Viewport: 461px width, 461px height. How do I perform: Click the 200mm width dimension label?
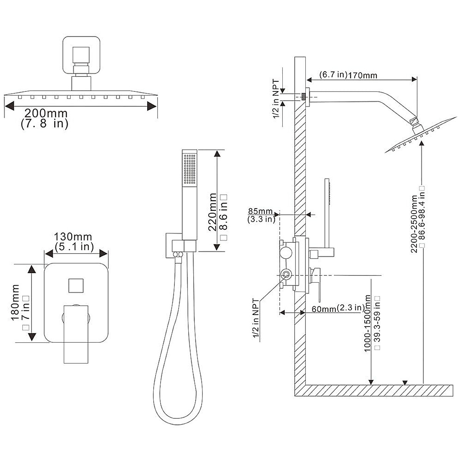46,113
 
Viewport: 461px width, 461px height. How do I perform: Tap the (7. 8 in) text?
45,124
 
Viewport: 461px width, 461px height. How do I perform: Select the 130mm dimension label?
73,237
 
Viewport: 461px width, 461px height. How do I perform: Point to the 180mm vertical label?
15,302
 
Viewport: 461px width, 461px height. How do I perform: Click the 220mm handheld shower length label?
212,212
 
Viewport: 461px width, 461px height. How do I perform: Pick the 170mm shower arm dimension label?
362,75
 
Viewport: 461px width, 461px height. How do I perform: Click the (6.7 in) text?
333,75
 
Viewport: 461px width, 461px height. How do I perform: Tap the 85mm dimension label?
260,211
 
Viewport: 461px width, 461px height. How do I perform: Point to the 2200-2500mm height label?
414,224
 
